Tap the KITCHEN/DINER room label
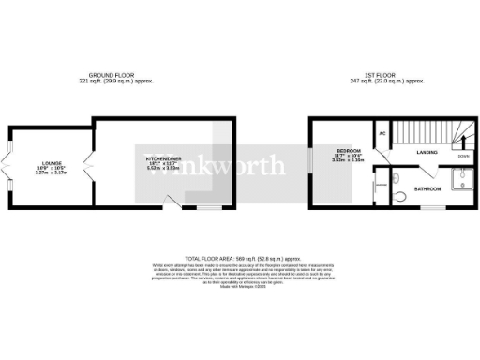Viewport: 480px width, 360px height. (162, 159)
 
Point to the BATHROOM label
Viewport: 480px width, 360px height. (428, 189)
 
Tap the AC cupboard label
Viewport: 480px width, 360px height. (382, 132)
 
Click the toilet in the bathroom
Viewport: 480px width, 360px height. (401, 196)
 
